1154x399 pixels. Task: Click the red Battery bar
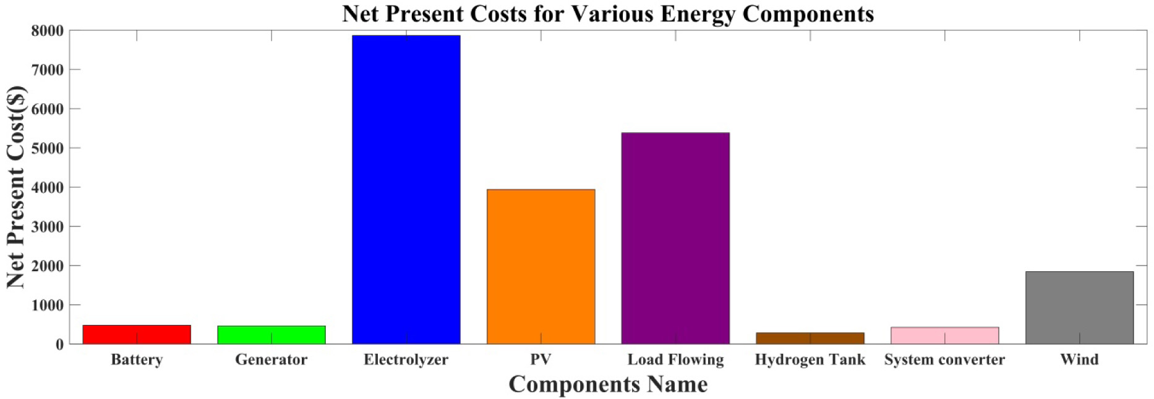pos(137,334)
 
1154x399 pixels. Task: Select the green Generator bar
pos(271,335)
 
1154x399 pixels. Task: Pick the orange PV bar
pos(541,266)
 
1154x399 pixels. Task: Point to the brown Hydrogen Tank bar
pos(810,338)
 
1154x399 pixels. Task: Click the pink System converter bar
pos(944,335)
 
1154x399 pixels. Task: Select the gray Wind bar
pos(1079,308)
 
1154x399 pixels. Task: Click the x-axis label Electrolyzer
pos(406,359)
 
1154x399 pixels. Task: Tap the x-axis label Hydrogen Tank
pos(810,359)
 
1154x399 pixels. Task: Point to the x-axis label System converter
pos(944,359)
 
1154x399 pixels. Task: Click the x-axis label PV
pos(541,359)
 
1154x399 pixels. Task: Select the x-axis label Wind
pos(1079,359)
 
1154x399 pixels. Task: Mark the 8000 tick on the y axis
pos(48,31)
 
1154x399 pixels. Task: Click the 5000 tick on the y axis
pos(48,148)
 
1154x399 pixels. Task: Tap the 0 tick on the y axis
pos(59,345)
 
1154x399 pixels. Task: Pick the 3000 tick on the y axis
pos(48,227)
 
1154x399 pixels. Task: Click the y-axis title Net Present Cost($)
pos(15,187)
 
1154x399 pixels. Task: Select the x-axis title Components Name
pos(608,384)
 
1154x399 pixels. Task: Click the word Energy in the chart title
pos(698,14)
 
